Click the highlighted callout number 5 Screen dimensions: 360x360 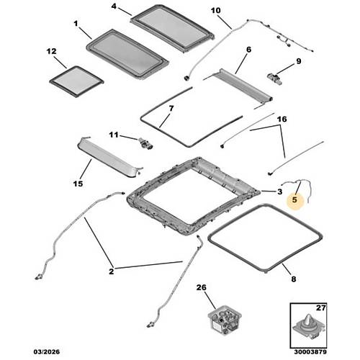[x=294, y=199]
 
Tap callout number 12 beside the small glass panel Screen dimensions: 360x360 [x=51, y=51]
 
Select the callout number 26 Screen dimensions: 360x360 [x=202, y=287]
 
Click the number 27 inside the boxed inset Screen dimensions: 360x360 [x=320, y=307]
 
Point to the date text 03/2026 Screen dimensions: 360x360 [x=46, y=352]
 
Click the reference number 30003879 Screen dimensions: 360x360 [x=310, y=352]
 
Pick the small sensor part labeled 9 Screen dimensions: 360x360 [x=275, y=78]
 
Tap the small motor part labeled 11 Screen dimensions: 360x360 [x=145, y=144]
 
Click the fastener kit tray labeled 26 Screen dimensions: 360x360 [x=225, y=320]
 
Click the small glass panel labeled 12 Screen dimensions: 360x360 [x=76, y=81]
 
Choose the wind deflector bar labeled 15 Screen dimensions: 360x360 [x=109, y=157]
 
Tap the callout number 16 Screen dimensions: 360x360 [x=282, y=119]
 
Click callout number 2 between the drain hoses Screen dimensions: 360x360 [x=112, y=271]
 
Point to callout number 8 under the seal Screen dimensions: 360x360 [x=294, y=279]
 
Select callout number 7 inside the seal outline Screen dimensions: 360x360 [x=171, y=109]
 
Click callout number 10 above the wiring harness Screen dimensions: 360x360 [x=215, y=11]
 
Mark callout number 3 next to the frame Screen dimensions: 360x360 [x=279, y=192]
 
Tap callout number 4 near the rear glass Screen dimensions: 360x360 [x=114, y=6]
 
